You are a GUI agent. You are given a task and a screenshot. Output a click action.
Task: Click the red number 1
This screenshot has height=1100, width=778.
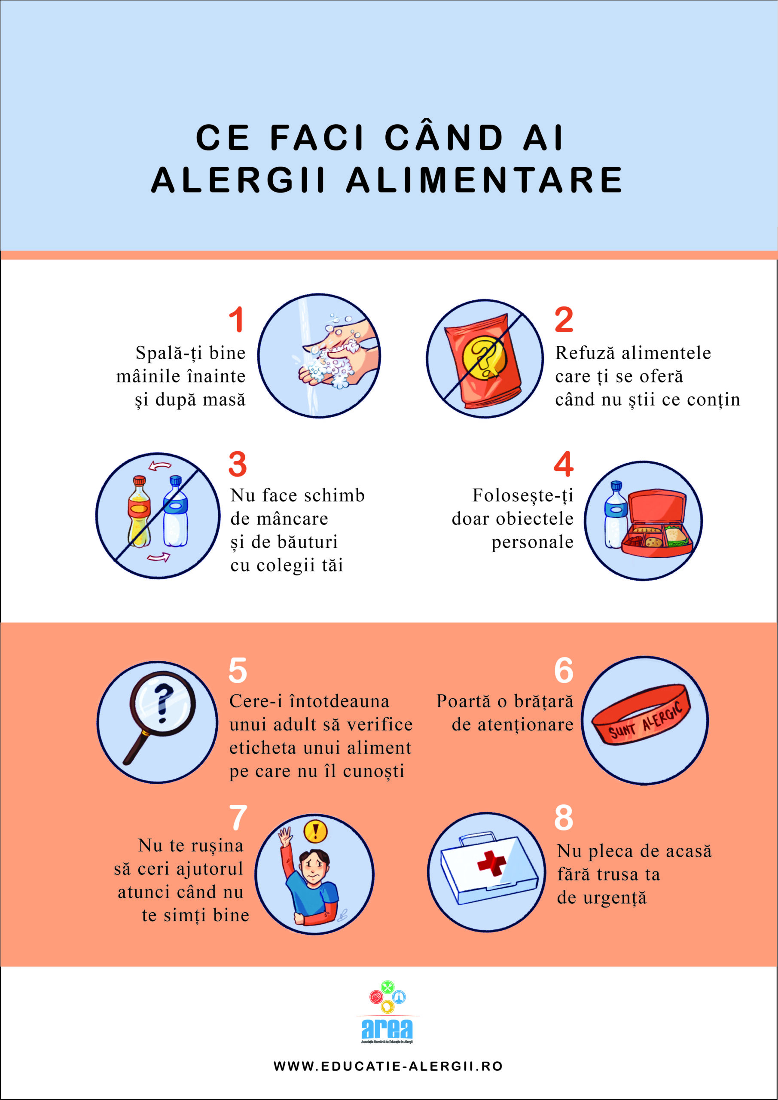pyautogui.click(x=237, y=320)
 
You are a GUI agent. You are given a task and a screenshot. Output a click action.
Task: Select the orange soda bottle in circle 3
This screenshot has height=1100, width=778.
pyautogui.click(x=140, y=511)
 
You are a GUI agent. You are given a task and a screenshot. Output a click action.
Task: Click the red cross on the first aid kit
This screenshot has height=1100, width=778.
pyautogui.click(x=491, y=863)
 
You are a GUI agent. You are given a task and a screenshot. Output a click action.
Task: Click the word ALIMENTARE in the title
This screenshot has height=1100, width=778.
pyautogui.click(x=484, y=180)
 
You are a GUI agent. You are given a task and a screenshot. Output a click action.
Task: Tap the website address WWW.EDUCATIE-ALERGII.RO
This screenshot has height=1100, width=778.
pyautogui.click(x=388, y=1066)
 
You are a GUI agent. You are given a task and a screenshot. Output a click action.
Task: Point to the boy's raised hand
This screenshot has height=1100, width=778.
pyautogui.click(x=285, y=836)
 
